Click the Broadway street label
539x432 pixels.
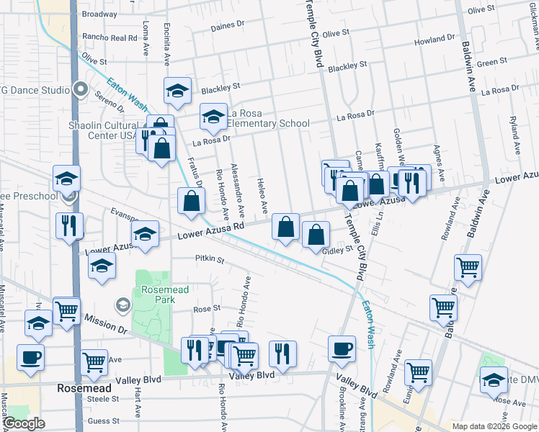tap(99, 14)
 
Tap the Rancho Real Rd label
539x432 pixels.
tap(110, 37)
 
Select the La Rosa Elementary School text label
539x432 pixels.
tap(268, 119)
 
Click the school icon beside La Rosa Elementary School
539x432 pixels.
tap(213, 117)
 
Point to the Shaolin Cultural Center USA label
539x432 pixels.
tap(102, 130)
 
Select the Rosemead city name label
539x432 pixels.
tap(84, 387)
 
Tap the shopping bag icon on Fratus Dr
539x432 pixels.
tap(190, 201)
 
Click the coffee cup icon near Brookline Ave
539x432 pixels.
tap(342, 348)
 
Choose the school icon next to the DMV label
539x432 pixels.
tap(494, 380)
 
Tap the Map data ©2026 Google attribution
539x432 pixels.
tap(494, 426)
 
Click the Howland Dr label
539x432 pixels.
tap(435, 40)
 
